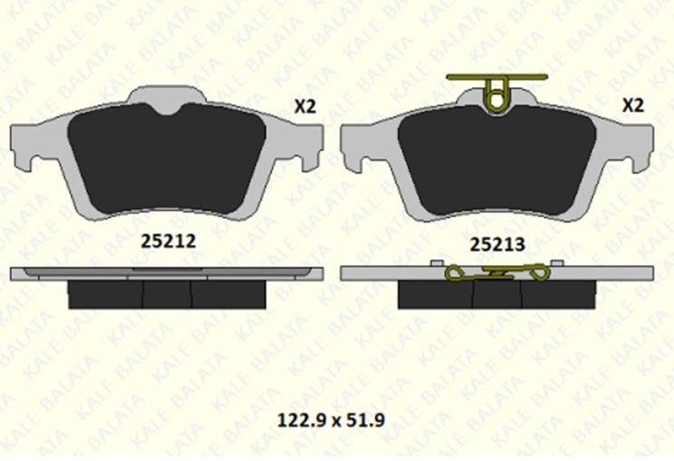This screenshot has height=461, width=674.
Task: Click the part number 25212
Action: point(168,241)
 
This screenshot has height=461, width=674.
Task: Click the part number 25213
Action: point(497,244)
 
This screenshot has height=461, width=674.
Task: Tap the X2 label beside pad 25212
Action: point(305,106)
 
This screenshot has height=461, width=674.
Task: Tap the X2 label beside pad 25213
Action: point(633,105)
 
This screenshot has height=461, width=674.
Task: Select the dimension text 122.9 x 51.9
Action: point(331,419)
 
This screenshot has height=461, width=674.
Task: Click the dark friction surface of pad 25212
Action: point(167,159)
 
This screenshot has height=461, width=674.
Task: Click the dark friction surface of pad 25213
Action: point(497,162)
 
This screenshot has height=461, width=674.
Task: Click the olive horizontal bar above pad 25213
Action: point(497,77)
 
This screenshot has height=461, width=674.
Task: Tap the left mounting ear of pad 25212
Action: point(23,146)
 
